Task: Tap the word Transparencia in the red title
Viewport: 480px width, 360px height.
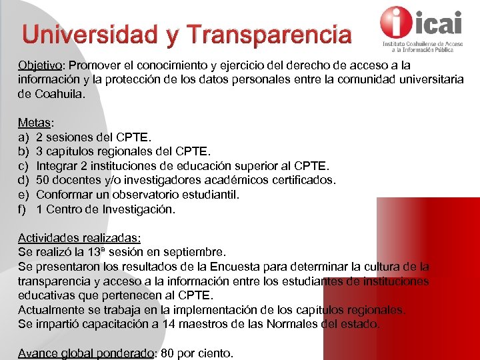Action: tap(269, 35)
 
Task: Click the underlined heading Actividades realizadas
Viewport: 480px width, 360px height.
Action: tap(79, 238)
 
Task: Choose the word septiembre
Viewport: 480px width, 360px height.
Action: tap(198, 253)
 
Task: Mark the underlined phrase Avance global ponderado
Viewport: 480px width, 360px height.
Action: tap(86, 353)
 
